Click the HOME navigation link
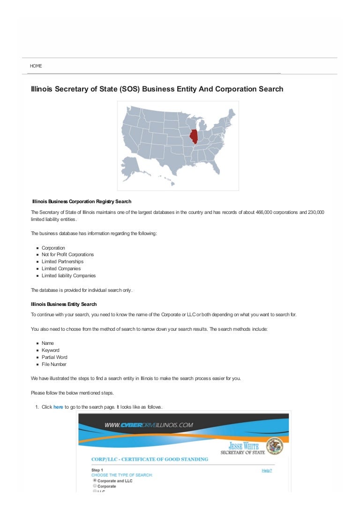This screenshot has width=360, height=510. pyautogui.click(x=36, y=66)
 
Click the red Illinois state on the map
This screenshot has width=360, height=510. pyautogui.click(x=193, y=136)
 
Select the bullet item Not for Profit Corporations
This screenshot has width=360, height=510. pyautogui.click(x=67, y=255)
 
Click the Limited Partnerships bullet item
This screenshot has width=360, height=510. pyautogui.click(x=62, y=262)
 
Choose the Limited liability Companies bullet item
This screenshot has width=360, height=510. pyautogui.click(x=68, y=276)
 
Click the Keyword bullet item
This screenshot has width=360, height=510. pyautogui.click(x=51, y=350)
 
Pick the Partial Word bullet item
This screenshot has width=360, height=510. pyautogui.click(x=54, y=358)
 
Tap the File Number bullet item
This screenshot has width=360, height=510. pyautogui.click(x=54, y=365)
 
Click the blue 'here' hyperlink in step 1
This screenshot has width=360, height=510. pyautogui.click(x=58, y=407)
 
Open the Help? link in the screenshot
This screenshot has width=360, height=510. pyautogui.click(x=266, y=470)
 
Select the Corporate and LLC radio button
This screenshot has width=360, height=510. pyautogui.click(x=95, y=480)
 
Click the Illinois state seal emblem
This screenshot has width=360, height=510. pyautogui.click(x=274, y=446)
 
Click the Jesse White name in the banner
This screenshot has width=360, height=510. pyautogui.click(x=243, y=445)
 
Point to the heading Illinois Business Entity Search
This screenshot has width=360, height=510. pyautogui.click(x=64, y=304)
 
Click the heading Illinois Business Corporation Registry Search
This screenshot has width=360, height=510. pyautogui.click(x=82, y=201)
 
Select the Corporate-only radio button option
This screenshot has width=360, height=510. pyautogui.click(x=95, y=486)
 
